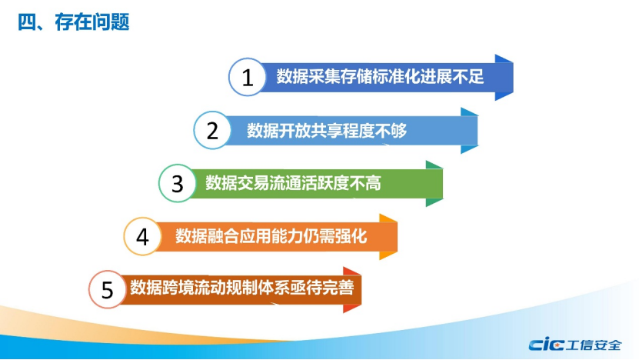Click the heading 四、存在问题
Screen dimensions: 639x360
coord(73,22)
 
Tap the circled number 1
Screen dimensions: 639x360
coord(248,77)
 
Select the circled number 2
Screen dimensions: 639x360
coord(212,130)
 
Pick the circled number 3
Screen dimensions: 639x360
coord(178,183)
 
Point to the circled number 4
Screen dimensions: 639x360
coord(142,236)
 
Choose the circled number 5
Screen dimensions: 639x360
coord(107,289)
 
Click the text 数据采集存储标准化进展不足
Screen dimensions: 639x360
coord(380,76)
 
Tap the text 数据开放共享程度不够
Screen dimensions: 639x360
coord(327,131)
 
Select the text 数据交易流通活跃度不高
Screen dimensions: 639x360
coord(293,183)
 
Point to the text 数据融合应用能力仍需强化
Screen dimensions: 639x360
coord(271,236)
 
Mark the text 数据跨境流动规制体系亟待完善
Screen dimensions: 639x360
coord(242,288)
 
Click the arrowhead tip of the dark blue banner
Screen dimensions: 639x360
coord(513,78)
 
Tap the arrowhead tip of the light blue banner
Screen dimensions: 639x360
coord(478,131)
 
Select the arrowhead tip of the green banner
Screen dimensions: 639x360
coord(443,184)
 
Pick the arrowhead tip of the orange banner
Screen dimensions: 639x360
coord(398,236)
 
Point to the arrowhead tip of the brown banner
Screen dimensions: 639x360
coord(361,290)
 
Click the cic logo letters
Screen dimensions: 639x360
coord(546,345)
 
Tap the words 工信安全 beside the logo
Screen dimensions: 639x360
coord(594,345)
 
